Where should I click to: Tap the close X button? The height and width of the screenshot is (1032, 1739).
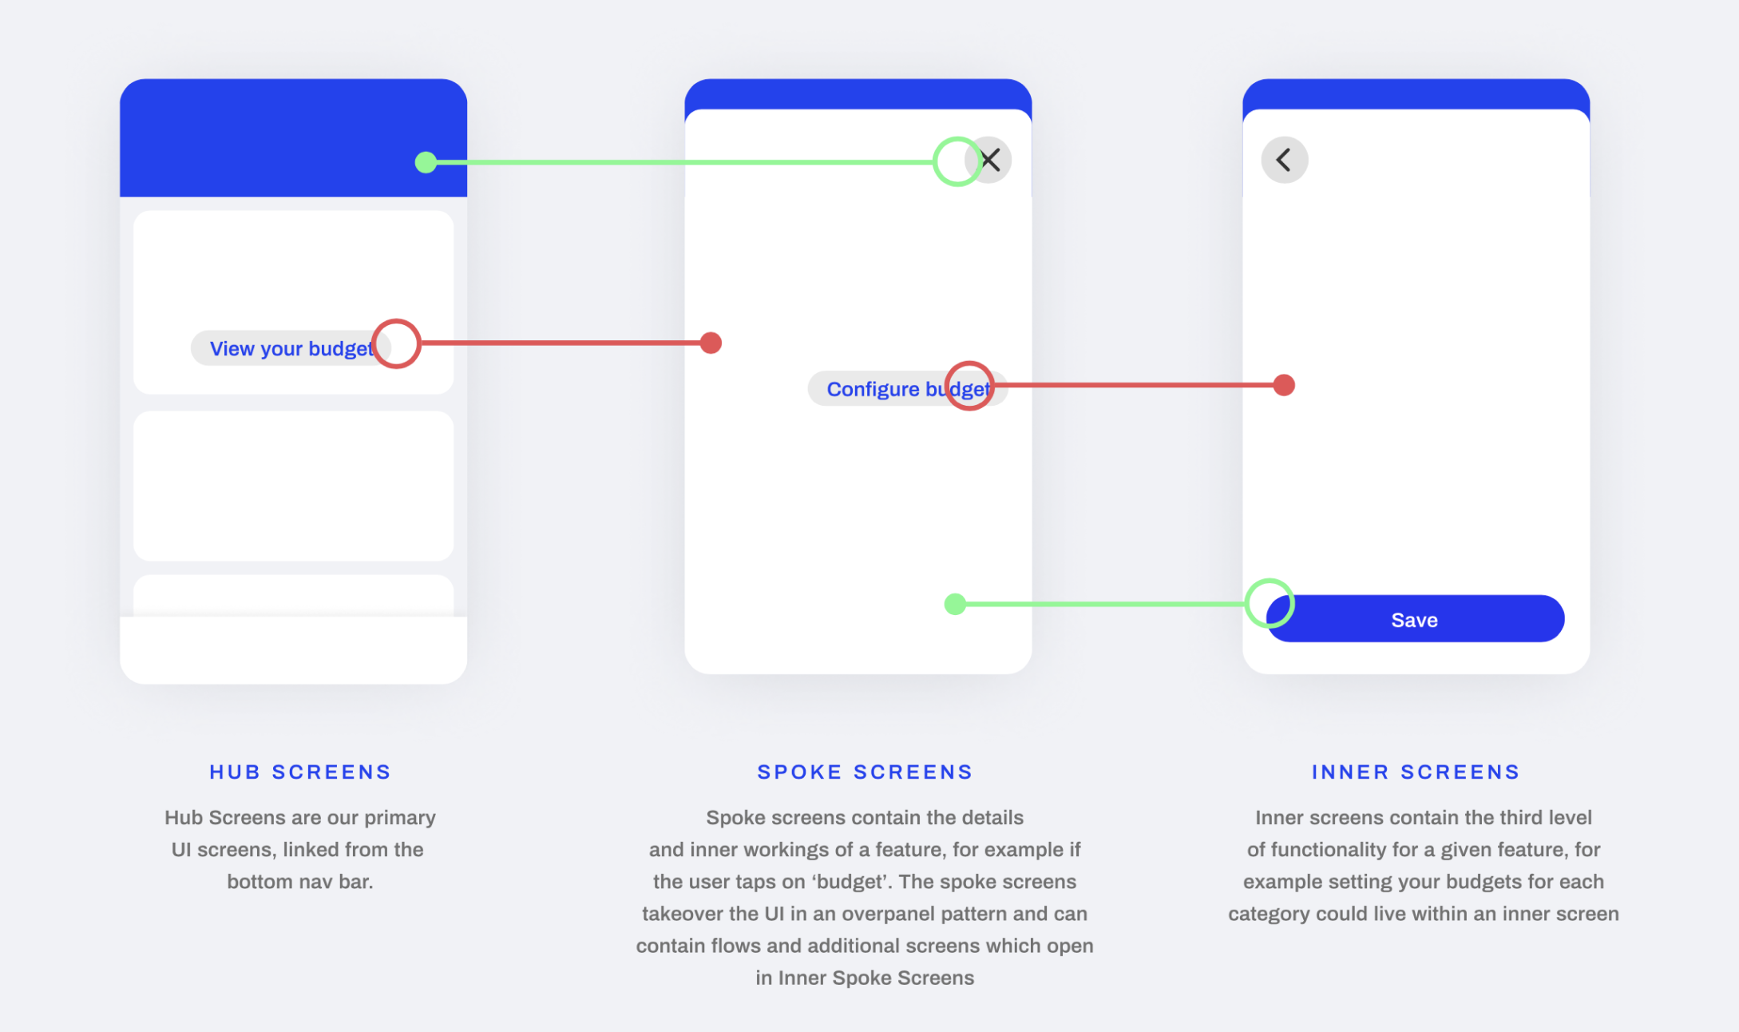(x=990, y=160)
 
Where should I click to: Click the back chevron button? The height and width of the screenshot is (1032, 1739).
(x=1284, y=160)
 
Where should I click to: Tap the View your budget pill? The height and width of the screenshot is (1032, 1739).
(x=287, y=349)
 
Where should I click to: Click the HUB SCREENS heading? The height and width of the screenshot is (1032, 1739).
(x=300, y=772)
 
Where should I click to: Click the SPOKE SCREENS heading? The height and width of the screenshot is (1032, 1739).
(x=865, y=772)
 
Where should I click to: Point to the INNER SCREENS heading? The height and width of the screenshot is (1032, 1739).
(x=1416, y=772)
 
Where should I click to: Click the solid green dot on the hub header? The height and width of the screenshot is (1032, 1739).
(x=426, y=162)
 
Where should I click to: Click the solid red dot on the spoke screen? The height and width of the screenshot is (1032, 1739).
(x=711, y=343)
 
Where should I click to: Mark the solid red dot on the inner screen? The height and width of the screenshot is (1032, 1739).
(x=1284, y=385)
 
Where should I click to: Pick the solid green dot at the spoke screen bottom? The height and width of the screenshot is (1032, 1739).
(x=955, y=604)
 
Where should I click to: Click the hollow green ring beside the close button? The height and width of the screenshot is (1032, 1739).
(x=957, y=162)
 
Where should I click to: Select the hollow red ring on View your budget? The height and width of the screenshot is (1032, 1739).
(x=396, y=343)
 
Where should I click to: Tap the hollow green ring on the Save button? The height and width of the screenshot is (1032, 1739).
(x=1269, y=603)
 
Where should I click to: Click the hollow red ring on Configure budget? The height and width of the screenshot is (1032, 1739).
(x=969, y=386)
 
